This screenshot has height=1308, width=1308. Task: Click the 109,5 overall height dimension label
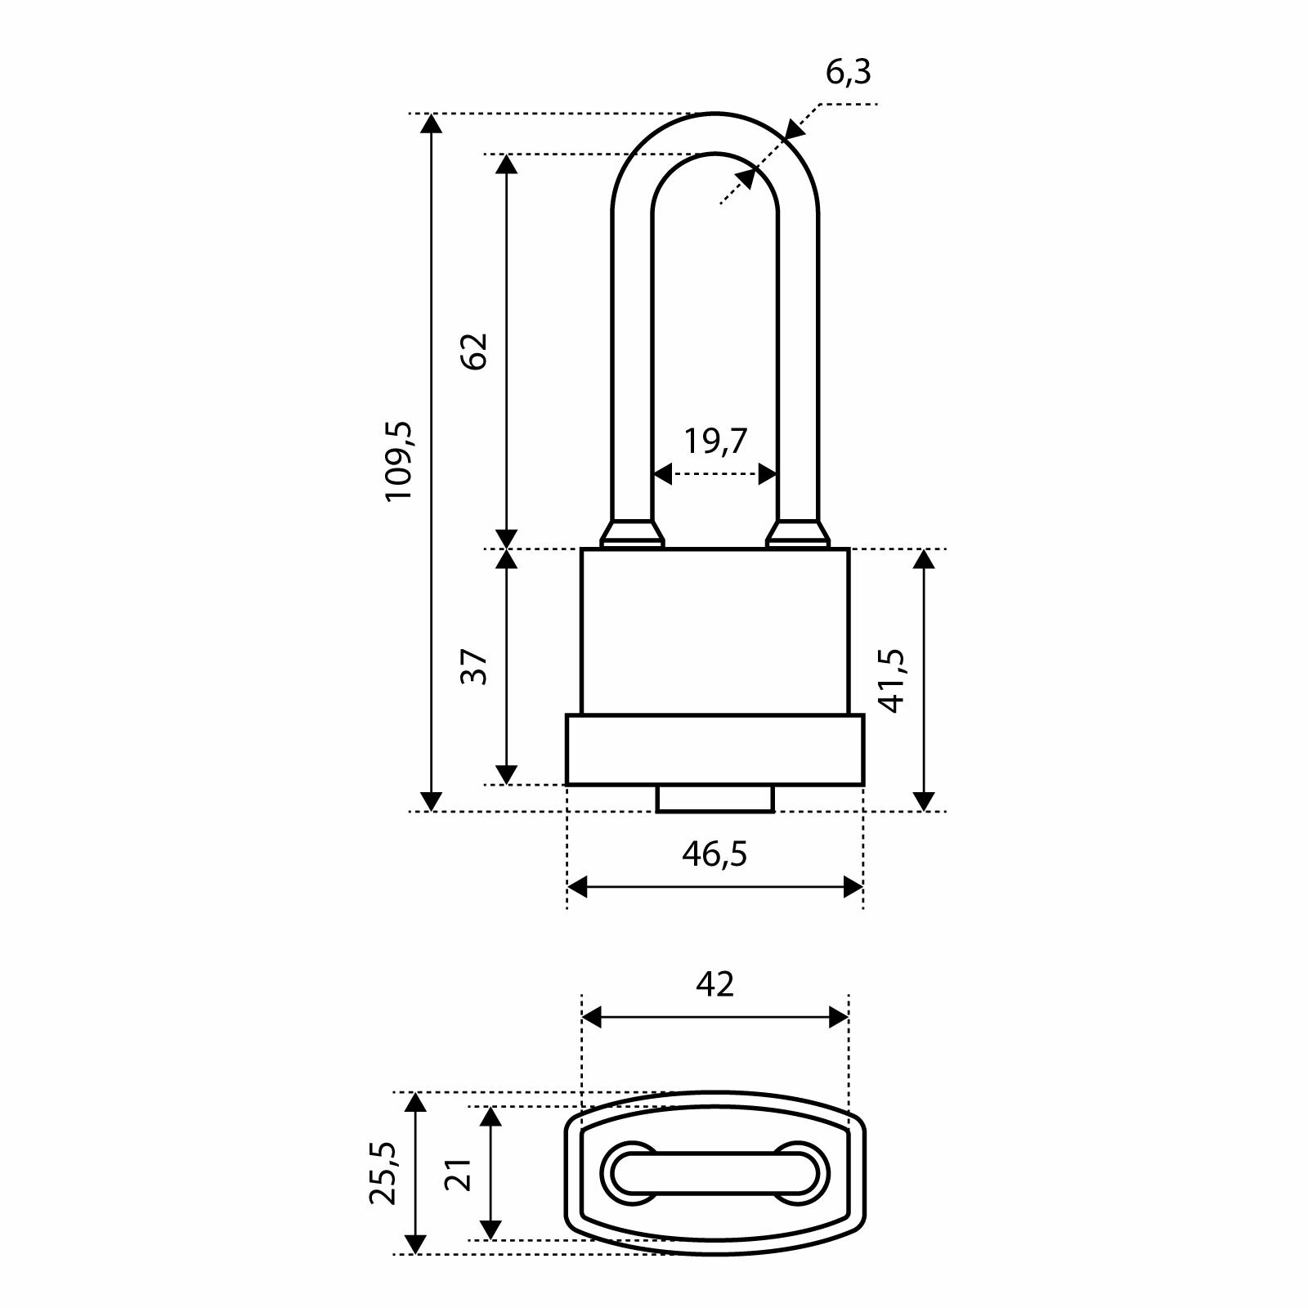pos(401,462)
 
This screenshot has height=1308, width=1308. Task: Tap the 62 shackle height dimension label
pos(475,352)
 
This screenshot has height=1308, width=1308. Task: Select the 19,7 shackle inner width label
pos(715,441)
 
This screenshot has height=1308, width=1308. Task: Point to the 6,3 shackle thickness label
pos(849,74)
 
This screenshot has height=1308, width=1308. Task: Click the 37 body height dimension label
pos(475,667)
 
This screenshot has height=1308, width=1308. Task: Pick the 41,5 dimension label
pos(892,681)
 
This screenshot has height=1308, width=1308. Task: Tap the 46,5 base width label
pos(714,855)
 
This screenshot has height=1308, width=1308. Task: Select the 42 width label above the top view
pos(714,984)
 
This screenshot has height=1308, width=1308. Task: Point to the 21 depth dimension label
pos(459,1175)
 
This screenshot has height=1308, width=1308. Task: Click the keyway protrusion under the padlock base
pos(715,799)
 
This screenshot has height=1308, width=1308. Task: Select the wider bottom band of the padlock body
pos(715,750)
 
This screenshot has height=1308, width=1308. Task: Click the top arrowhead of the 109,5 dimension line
pos(431,123)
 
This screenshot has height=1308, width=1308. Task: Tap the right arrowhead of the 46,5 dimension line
pos(853,887)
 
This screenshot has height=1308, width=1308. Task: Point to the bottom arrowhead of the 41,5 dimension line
pos(923,801)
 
